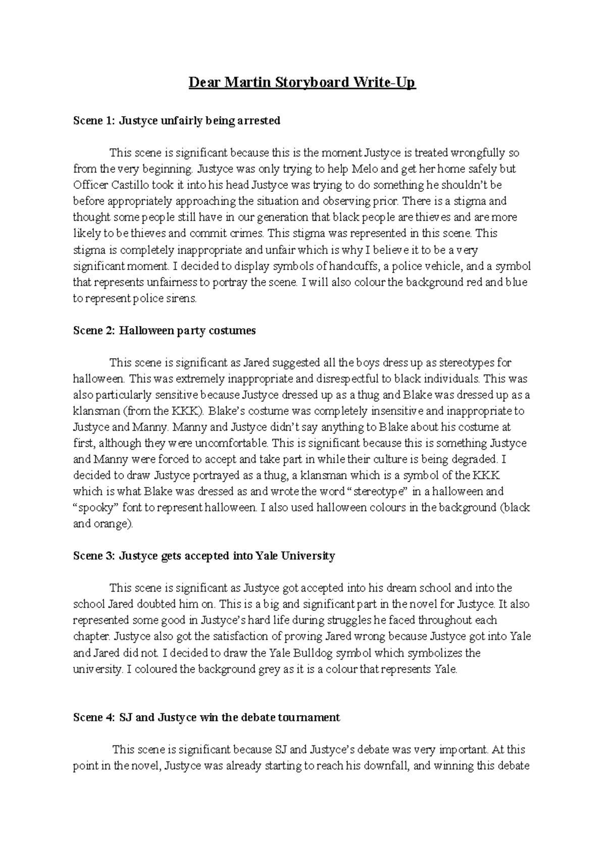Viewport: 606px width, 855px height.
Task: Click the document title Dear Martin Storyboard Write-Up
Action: [302, 82]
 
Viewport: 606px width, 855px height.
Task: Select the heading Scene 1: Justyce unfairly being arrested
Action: [177, 121]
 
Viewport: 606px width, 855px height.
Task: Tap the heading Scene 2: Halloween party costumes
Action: [165, 331]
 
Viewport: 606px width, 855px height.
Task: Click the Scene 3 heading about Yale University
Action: [204, 556]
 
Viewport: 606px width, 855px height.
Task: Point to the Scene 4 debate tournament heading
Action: [207, 718]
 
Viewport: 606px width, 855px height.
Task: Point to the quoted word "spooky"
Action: [96, 508]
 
